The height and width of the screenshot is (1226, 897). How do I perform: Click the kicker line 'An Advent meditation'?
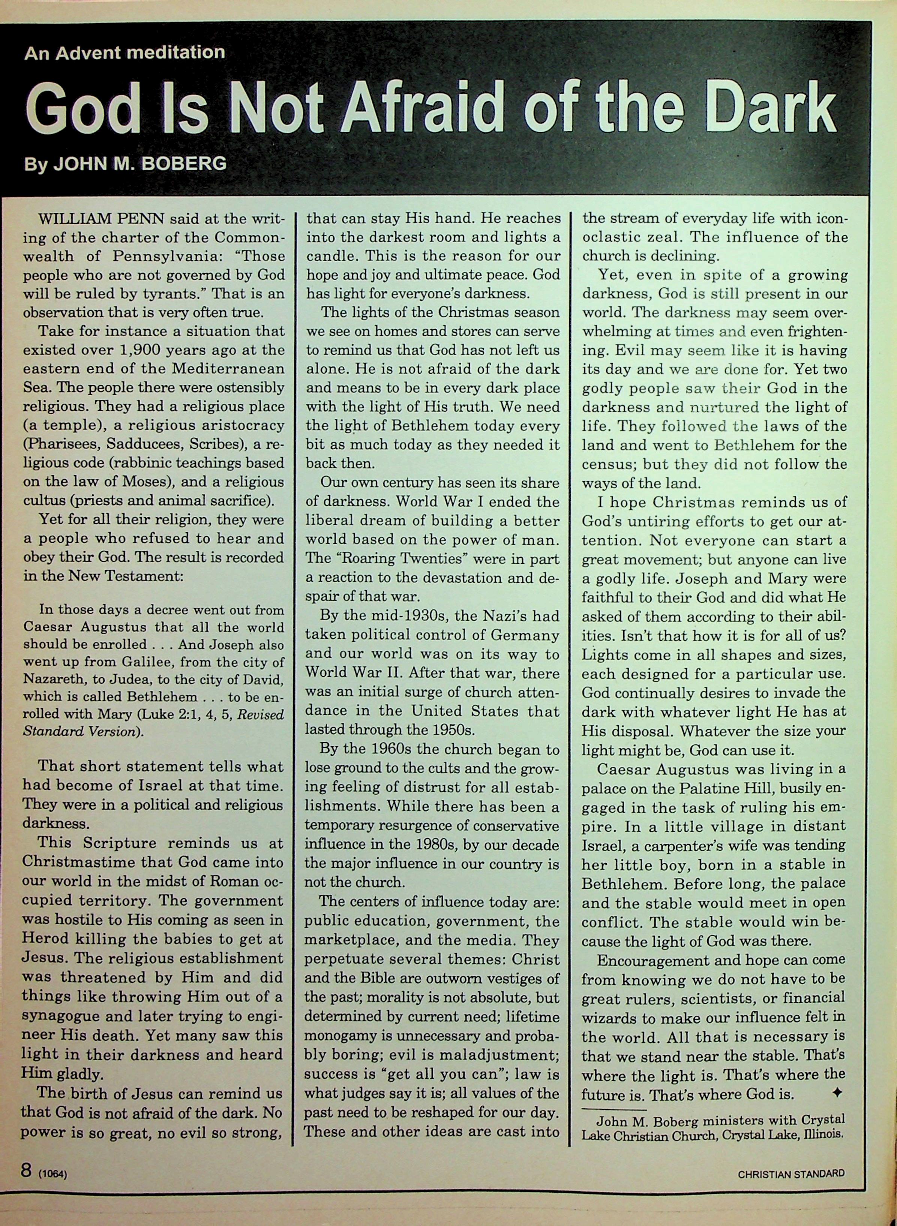click(124, 52)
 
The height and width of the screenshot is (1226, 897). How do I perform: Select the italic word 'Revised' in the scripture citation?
click(262, 714)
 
